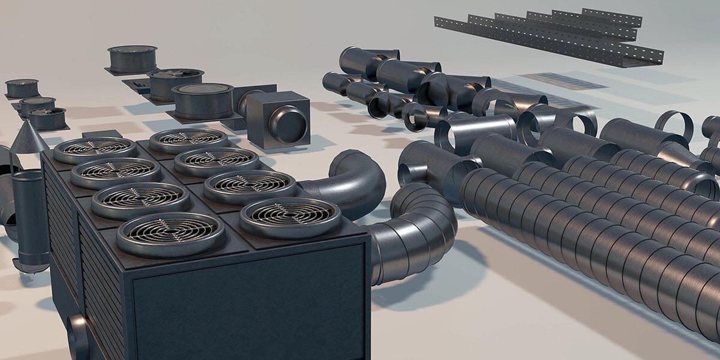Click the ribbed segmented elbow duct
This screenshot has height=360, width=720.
[x=414, y=234]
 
